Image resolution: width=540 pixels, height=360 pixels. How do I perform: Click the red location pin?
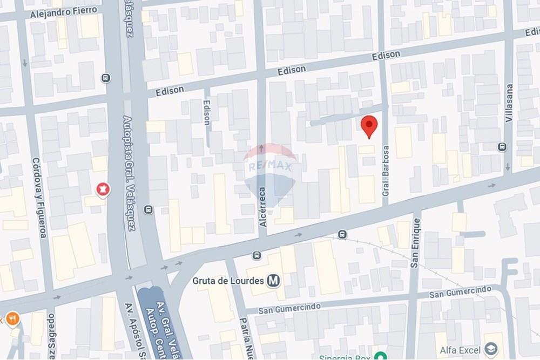click(x=369, y=126)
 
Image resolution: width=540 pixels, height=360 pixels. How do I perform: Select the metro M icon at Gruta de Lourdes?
click(x=274, y=281)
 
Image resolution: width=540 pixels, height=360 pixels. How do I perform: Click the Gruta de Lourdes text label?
click(x=228, y=281)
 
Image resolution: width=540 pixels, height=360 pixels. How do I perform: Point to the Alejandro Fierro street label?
click(x=64, y=12)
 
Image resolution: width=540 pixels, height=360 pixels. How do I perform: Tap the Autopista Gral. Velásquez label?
click(x=129, y=173)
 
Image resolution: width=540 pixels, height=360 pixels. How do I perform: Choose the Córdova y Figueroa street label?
click(x=39, y=197)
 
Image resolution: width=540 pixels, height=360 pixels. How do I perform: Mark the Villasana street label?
click(x=509, y=103)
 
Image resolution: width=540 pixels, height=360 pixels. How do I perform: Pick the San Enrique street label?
click(x=415, y=246)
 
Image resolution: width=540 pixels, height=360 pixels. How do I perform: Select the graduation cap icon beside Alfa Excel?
click(x=490, y=348)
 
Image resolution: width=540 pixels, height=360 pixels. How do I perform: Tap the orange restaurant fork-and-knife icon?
click(x=12, y=318)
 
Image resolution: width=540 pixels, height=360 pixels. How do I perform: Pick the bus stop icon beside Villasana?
click(x=502, y=147)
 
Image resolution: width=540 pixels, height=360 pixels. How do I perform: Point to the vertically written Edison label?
click(x=207, y=113)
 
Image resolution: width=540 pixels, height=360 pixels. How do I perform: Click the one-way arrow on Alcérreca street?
click(x=262, y=148)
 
